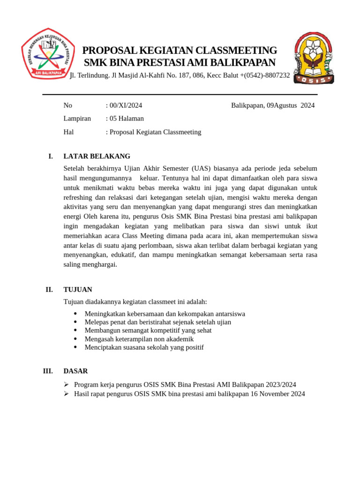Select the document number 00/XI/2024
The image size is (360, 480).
point(126,105)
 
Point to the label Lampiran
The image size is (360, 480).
point(77,119)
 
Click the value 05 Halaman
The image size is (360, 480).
point(127,119)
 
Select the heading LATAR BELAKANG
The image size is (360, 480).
point(97,156)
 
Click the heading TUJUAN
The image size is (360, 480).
point(78,290)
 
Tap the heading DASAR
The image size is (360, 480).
point(75,371)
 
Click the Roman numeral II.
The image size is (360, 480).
point(49,290)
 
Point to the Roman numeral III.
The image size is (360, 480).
point(48,371)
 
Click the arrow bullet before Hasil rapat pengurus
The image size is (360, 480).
point(67,394)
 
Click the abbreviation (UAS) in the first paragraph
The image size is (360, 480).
point(200,168)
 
